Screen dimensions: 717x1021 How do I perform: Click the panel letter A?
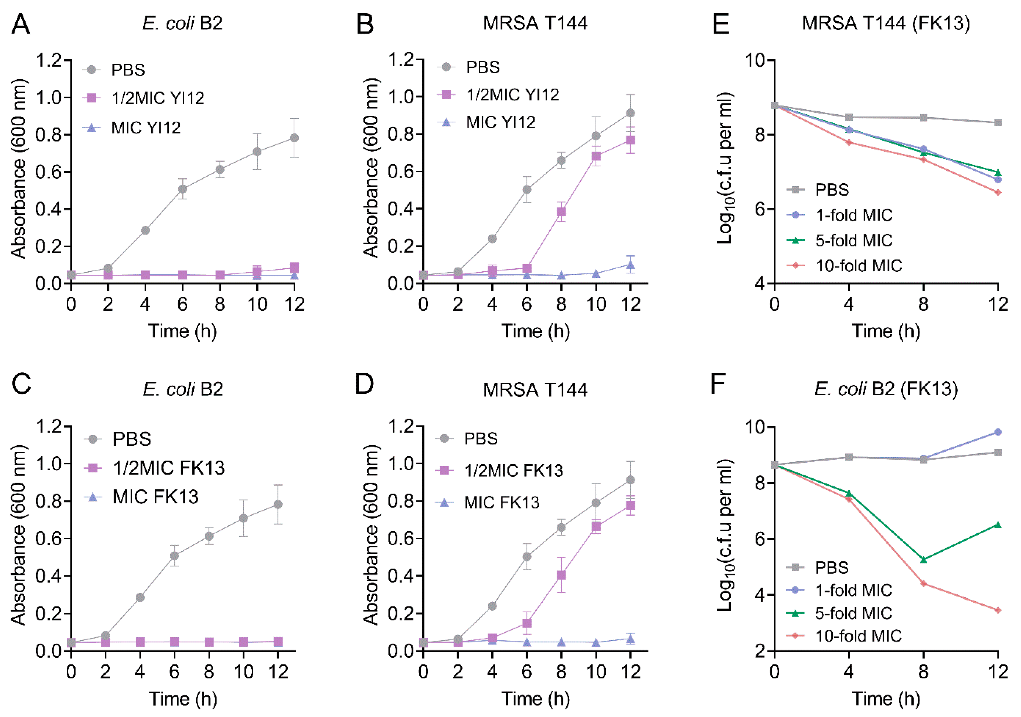(x=21, y=25)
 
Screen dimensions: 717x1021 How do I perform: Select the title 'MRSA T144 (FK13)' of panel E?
(x=886, y=23)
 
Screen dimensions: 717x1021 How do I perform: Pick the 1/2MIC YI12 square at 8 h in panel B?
(x=561, y=212)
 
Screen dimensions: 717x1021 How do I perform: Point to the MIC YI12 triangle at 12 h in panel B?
(x=630, y=265)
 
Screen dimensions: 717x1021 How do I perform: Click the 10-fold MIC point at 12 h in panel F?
(x=998, y=610)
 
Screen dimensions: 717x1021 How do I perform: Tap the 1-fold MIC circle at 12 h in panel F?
(x=998, y=432)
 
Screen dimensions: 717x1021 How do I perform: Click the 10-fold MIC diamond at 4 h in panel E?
(x=849, y=142)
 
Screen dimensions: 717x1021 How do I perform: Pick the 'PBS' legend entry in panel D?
(x=480, y=439)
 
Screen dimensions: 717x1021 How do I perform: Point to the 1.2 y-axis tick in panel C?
(x=49, y=427)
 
